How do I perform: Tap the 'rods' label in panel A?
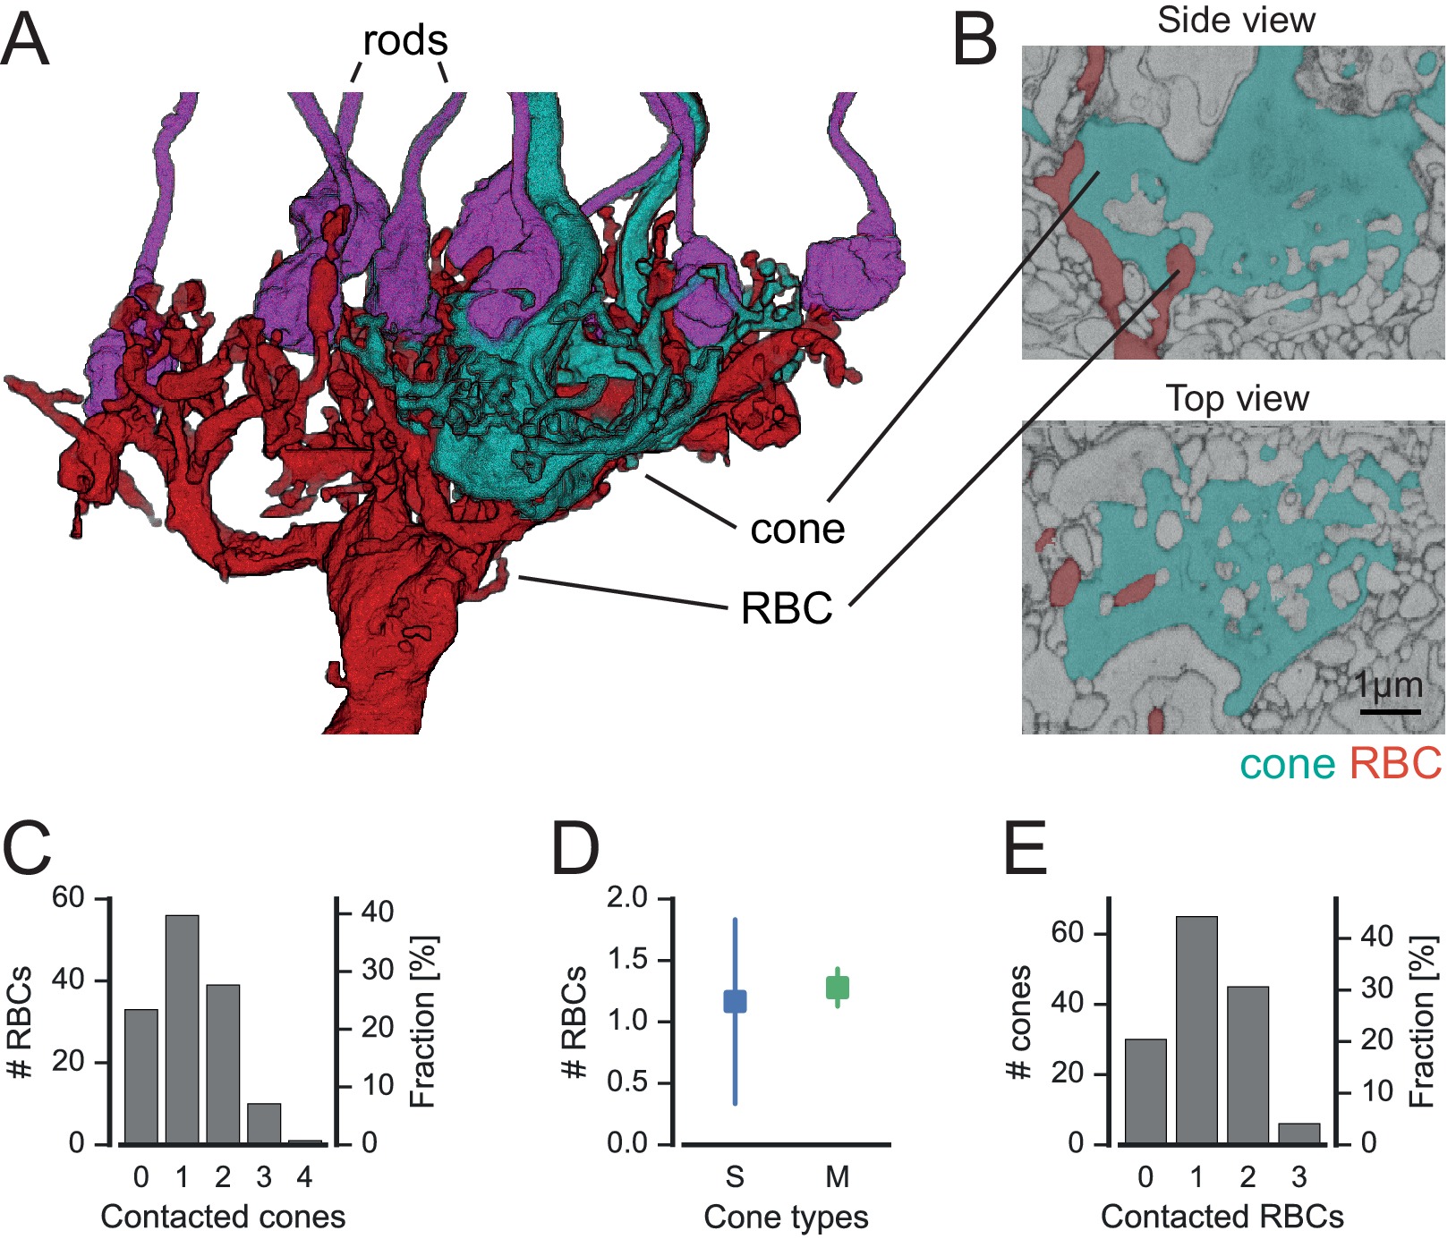point(404,41)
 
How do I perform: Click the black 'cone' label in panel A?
point(796,529)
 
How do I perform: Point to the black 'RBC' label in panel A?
point(787,608)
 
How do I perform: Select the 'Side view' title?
point(1236,20)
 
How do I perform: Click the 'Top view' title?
point(1237,398)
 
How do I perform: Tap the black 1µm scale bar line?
point(1391,711)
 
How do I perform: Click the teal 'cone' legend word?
point(1287,763)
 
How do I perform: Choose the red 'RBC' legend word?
point(1395,763)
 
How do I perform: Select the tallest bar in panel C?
point(182,1029)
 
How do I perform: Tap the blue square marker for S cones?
point(735,1001)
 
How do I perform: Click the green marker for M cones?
point(837,988)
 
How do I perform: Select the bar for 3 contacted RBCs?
point(1298,1133)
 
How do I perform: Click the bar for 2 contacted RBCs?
point(1247,1065)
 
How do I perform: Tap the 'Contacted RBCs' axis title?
point(1222,1217)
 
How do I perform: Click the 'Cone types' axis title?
point(786,1217)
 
